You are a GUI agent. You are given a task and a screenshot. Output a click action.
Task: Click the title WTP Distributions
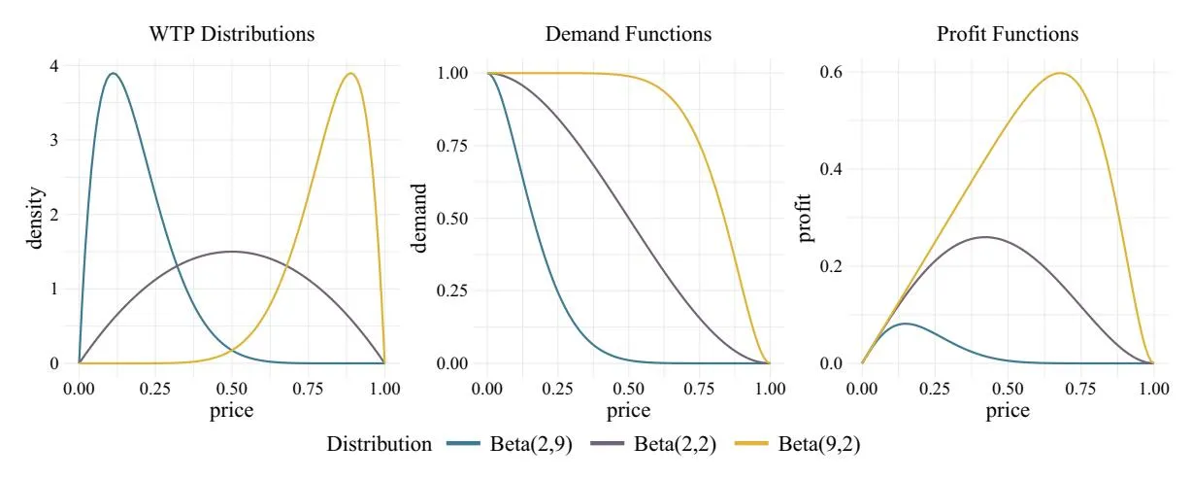pyautogui.click(x=231, y=34)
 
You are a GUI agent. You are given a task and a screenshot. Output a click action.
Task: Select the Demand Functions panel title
pyautogui.click(x=628, y=34)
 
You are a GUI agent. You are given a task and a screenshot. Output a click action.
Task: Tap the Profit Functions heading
pyautogui.click(x=1007, y=34)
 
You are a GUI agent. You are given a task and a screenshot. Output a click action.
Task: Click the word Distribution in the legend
pyautogui.click(x=380, y=445)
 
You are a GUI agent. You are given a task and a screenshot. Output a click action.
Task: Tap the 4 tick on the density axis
pyautogui.click(x=54, y=66)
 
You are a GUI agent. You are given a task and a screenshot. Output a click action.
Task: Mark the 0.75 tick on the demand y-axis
pyautogui.click(x=453, y=146)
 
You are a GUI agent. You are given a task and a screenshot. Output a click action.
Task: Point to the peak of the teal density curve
pyautogui.click(x=114, y=73)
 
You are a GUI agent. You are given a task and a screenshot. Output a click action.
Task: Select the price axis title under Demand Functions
pyautogui.click(x=628, y=410)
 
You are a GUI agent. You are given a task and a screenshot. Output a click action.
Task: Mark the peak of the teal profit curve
pyautogui.click(x=905, y=324)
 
